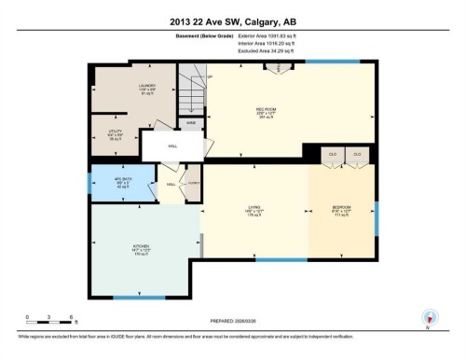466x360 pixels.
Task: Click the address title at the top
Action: pyautogui.click(x=232, y=21)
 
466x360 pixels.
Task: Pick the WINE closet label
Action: pyautogui.click(x=190, y=122)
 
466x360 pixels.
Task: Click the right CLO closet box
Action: pyautogui.click(x=357, y=154)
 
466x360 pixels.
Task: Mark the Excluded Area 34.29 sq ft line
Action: pyautogui.click(x=258, y=52)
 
